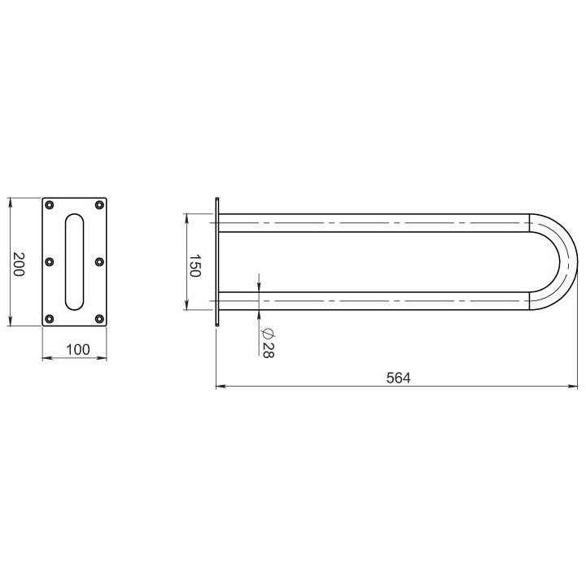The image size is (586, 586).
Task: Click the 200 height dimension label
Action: [x=19, y=265]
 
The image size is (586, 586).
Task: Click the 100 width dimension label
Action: [x=78, y=350]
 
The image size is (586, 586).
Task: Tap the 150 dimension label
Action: [x=195, y=265]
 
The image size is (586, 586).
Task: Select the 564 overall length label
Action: [x=398, y=378]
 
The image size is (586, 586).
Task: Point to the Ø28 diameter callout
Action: [x=269, y=343]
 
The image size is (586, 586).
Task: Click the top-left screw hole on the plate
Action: [x=50, y=205]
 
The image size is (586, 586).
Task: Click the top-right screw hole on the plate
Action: [x=99, y=205]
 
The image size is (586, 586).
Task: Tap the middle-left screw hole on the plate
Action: [x=50, y=261]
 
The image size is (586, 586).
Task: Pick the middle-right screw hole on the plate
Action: [x=99, y=261]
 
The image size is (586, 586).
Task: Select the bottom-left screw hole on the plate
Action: [x=50, y=319]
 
